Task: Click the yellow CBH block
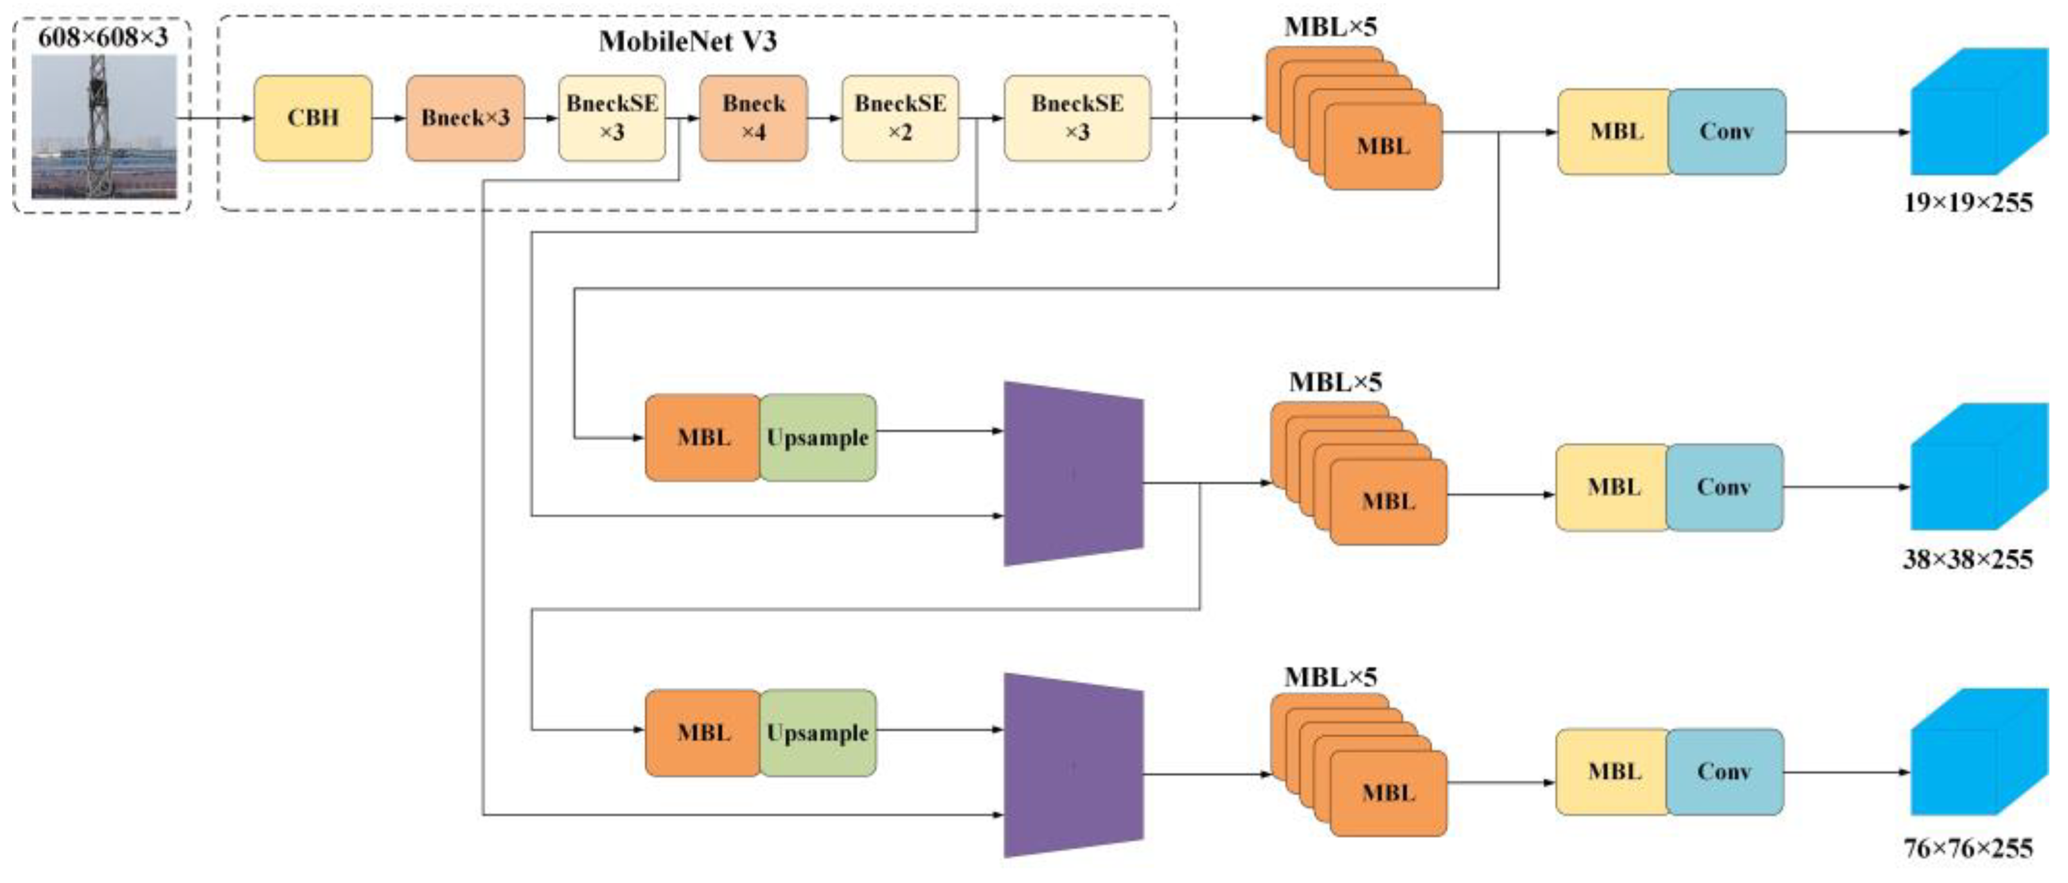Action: pos(313,118)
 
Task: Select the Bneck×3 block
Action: pos(466,118)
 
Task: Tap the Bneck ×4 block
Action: pos(753,118)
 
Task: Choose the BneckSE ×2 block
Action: pos(900,118)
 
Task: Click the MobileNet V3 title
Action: pos(688,41)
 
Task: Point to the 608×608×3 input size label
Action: pos(103,37)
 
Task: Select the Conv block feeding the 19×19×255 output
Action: pos(1727,132)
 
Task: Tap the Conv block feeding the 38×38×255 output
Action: pos(1724,487)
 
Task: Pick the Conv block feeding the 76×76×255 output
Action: pos(1724,771)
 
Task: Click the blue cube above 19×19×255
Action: pos(1979,112)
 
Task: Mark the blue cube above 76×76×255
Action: pos(1979,752)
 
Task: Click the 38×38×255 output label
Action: pos(1968,559)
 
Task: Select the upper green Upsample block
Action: pos(818,437)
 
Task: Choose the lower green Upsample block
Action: pos(818,733)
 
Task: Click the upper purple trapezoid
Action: pos(1074,474)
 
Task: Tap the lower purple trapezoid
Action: pos(1074,765)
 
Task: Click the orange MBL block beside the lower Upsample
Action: pos(703,733)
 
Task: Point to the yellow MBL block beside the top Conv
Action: pos(1614,132)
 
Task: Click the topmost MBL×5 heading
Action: pos(1330,26)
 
